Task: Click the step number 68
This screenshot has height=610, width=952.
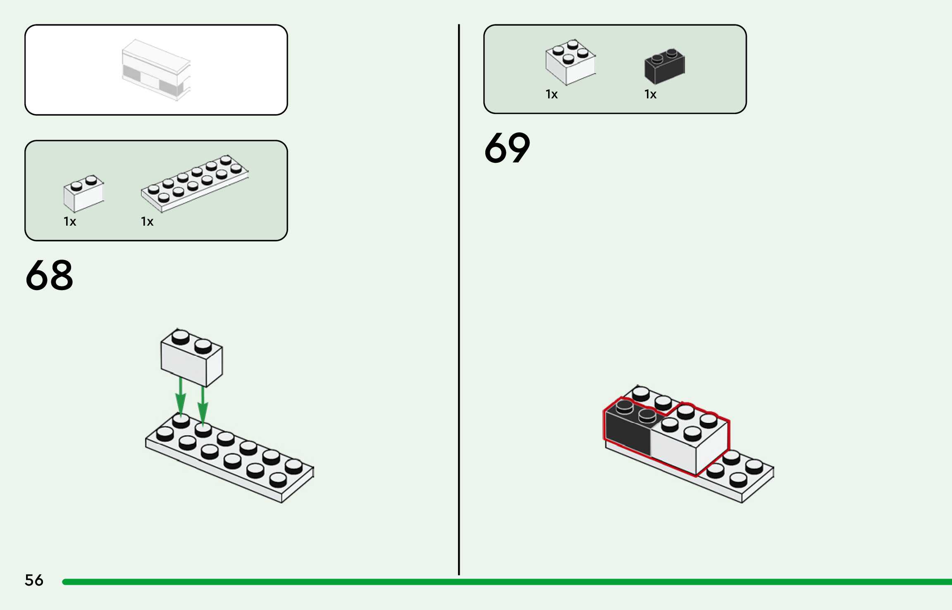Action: click(49, 275)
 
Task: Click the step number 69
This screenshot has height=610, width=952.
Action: click(507, 148)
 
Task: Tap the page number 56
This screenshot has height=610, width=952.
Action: click(34, 580)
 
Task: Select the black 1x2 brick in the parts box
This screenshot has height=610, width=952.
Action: click(664, 66)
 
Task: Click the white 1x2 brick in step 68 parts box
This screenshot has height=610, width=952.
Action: click(83, 193)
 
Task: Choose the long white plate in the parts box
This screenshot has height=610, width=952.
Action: click(194, 183)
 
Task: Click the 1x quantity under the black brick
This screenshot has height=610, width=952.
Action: click(650, 95)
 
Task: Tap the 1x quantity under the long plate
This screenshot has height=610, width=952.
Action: click(147, 222)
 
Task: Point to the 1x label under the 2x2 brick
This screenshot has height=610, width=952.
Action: click(551, 95)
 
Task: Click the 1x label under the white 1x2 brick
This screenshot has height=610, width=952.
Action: click(70, 222)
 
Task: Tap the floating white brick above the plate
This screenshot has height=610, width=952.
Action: click(191, 358)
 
